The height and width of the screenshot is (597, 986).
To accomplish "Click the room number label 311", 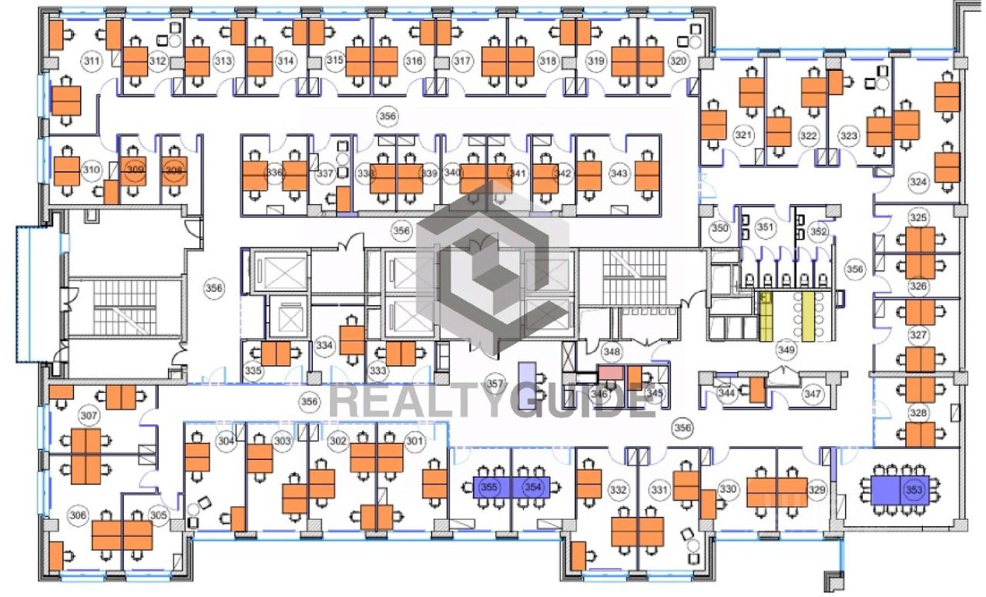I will (x=92, y=62).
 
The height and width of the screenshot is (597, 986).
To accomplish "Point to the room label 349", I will (x=786, y=350).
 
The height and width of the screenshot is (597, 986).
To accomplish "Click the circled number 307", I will (x=89, y=417).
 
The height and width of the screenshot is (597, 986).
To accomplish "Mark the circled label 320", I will (x=677, y=62).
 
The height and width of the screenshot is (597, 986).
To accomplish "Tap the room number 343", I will (x=619, y=174).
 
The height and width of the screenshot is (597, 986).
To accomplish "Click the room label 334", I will (x=324, y=346).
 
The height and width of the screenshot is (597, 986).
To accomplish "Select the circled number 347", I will (x=813, y=394).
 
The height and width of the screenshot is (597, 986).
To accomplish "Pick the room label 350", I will (x=719, y=229).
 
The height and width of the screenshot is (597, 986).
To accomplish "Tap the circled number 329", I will (x=817, y=490).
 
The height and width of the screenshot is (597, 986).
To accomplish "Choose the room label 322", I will (x=807, y=136).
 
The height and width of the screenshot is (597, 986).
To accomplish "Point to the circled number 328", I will (x=917, y=414).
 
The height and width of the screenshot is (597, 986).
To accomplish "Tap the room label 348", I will (x=612, y=352).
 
